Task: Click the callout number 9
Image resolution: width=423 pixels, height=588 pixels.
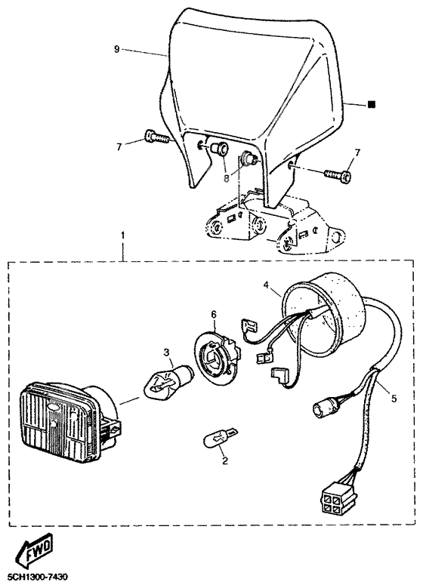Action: (117, 49)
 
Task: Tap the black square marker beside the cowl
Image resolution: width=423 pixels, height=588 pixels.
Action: (371, 104)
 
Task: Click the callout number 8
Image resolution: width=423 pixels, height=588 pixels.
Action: (227, 178)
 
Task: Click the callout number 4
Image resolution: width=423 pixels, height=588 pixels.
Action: (267, 286)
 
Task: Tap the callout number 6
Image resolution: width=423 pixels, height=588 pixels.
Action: (214, 315)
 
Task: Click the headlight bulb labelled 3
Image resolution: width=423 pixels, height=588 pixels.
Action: (168, 380)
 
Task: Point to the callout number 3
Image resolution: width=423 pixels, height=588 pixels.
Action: (166, 352)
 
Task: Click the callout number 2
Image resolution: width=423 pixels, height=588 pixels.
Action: (225, 460)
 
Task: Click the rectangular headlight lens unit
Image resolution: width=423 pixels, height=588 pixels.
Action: (69, 421)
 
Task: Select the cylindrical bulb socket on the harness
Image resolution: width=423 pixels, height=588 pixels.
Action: (322, 410)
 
